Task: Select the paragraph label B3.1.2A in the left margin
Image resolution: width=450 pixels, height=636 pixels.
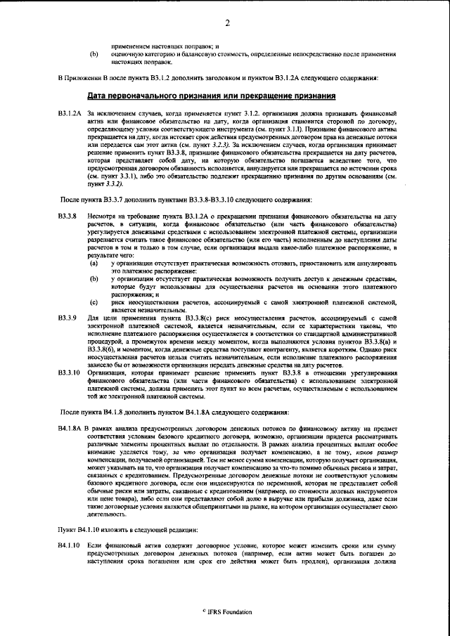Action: click(x=71, y=113)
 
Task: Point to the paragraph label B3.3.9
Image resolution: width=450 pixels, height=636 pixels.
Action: click(x=67, y=318)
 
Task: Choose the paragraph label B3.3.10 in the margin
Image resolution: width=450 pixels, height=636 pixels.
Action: click(x=69, y=372)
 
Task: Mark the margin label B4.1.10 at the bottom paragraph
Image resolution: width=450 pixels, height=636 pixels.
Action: click(x=70, y=545)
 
